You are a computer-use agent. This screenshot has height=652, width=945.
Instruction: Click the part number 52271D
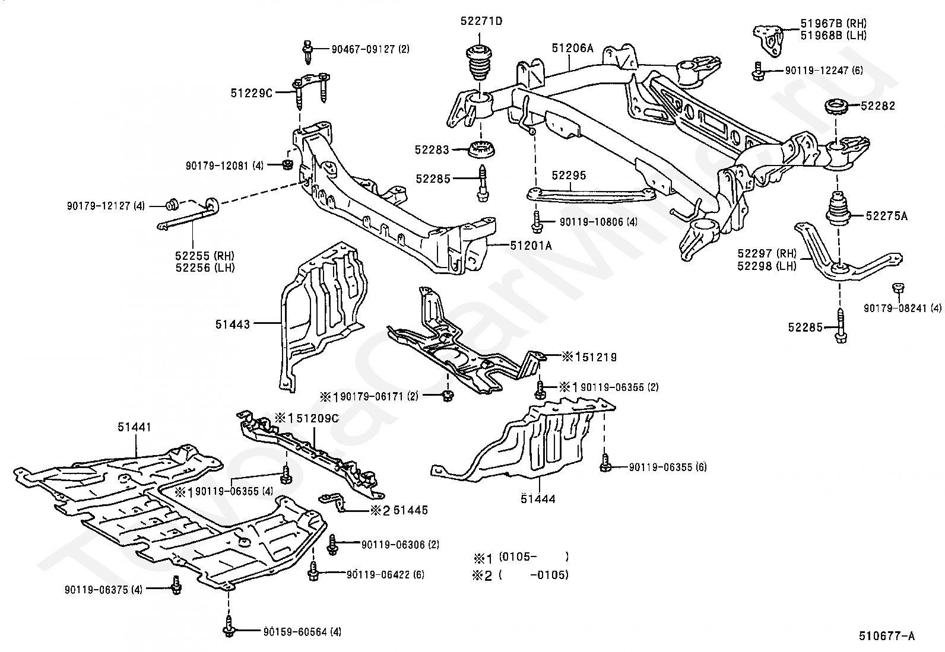click(x=480, y=21)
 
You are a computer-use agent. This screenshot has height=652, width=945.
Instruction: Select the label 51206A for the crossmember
click(x=572, y=49)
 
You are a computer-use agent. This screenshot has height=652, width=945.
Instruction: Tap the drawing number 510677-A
click(x=887, y=637)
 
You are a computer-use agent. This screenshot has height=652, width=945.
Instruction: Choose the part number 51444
click(x=538, y=499)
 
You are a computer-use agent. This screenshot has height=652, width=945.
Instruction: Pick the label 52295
click(x=569, y=175)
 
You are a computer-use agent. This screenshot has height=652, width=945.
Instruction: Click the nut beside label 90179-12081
click(x=288, y=164)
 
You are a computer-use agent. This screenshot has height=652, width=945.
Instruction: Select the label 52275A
click(x=886, y=216)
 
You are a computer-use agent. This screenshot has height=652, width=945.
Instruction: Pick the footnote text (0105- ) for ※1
click(x=533, y=556)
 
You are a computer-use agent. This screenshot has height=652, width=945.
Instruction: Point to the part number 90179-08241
click(x=902, y=308)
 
